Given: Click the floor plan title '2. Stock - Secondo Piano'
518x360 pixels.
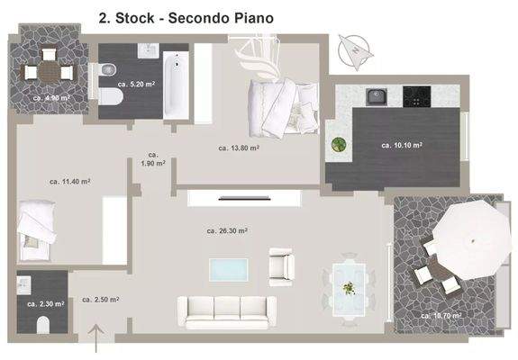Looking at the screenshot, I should tap(185, 16).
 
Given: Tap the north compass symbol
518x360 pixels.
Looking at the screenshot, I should tap(353, 48).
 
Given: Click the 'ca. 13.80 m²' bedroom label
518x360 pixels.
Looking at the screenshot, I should tap(239, 148).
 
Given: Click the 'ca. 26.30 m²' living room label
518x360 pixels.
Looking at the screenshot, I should tap(226, 230).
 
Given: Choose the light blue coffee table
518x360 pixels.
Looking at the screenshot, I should tap(228, 269).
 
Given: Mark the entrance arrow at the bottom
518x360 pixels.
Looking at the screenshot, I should tap(97, 338).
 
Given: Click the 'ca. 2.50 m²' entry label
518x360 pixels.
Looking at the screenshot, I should tap(101, 300).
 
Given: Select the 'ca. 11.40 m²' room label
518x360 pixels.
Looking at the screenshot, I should tap(69, 181).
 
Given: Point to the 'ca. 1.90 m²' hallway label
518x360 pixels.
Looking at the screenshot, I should tap(152, 159).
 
